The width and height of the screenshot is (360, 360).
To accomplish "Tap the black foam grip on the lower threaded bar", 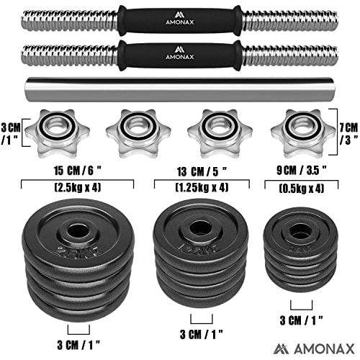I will click(x=179, y=54).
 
